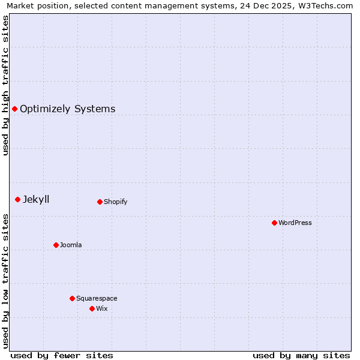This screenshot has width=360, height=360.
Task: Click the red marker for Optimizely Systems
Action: click(x=14, y=109)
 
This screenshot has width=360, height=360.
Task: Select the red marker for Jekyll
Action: click(x=17, y=199)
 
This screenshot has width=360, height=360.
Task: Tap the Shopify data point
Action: click(x=100, y=202)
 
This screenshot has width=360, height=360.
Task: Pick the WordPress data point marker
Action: click(x=274, y=223)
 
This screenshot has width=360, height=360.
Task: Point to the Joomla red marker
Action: click(x=56, y=245)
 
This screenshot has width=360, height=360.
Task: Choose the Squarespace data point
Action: click(x=72, y=298)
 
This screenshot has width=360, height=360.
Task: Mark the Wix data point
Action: click(x=92, y=308)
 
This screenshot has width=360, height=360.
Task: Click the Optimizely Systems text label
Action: click(x=67, y=109)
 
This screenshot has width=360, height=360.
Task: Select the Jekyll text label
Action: click(x=36, y=199)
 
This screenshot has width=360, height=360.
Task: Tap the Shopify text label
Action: click(x=115, y=202)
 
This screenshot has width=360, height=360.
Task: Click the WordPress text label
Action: click(x=295, y=223)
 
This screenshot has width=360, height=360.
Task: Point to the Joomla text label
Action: click(x=71, y=245)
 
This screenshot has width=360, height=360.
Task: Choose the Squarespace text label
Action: click(x=97, y=298)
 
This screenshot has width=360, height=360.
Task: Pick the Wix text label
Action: click(x=102, y=308)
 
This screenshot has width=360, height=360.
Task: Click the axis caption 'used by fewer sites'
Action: click(x=62, y=355)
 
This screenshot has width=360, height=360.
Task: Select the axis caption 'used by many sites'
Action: click(x=301, y=355)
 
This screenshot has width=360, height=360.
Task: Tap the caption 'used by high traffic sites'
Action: click(x=5, y=85)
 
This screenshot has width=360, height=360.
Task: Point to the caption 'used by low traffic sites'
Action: click(x=5, y=281)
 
